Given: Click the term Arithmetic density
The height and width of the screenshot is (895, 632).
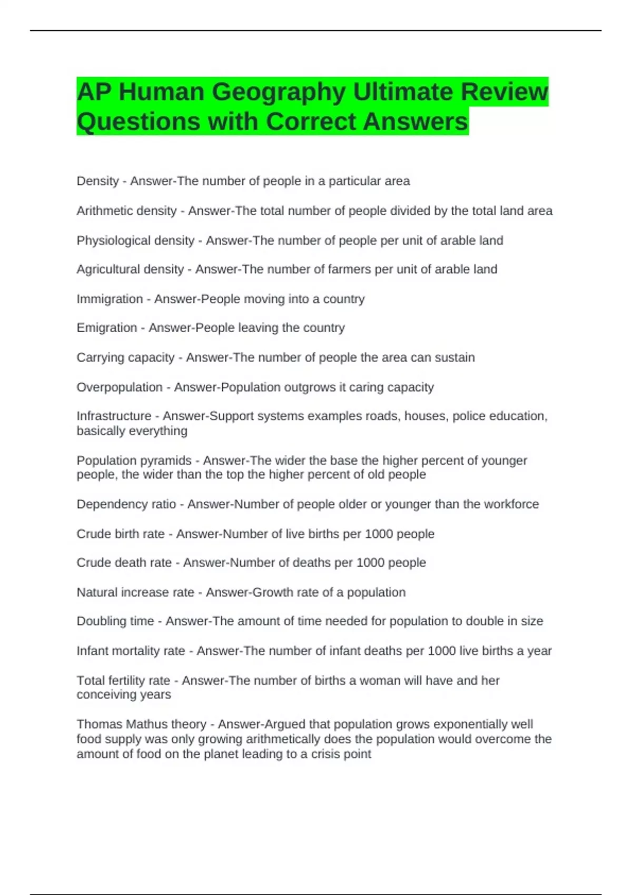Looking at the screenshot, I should click(x=126, y=211).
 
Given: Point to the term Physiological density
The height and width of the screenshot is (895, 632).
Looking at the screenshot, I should click(x=135, y=241).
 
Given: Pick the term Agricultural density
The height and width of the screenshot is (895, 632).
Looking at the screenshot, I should click(x=130, y=270).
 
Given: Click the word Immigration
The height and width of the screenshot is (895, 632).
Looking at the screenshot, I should click(x=110, y=299).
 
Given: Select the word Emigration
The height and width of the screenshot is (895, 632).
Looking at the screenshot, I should click(x=106, y=328).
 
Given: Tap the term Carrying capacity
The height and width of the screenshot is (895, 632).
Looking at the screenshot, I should click(x=125, y=357).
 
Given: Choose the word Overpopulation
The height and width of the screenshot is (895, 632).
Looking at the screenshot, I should click(x=120, y=387).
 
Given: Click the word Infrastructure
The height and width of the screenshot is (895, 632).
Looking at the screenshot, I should click(x=114, y=416).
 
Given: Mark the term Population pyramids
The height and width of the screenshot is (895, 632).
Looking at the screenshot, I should click(x=134, y=461).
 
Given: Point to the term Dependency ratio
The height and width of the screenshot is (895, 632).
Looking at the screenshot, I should click(x=126, y=504).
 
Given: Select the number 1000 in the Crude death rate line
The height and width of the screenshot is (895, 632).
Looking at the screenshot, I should click(x=370, y=563).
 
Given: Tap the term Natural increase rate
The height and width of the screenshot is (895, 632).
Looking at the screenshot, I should click(x=135, y=592).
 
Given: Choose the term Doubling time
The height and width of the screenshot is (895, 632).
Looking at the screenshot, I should click(x=115, y=621).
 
